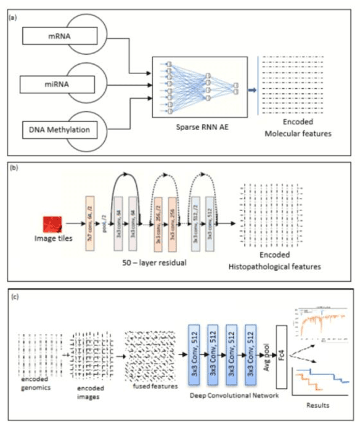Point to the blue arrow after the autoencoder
pyautogui.click(x=253, y=89)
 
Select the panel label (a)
pyautogui.click(x=12, y=19)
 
